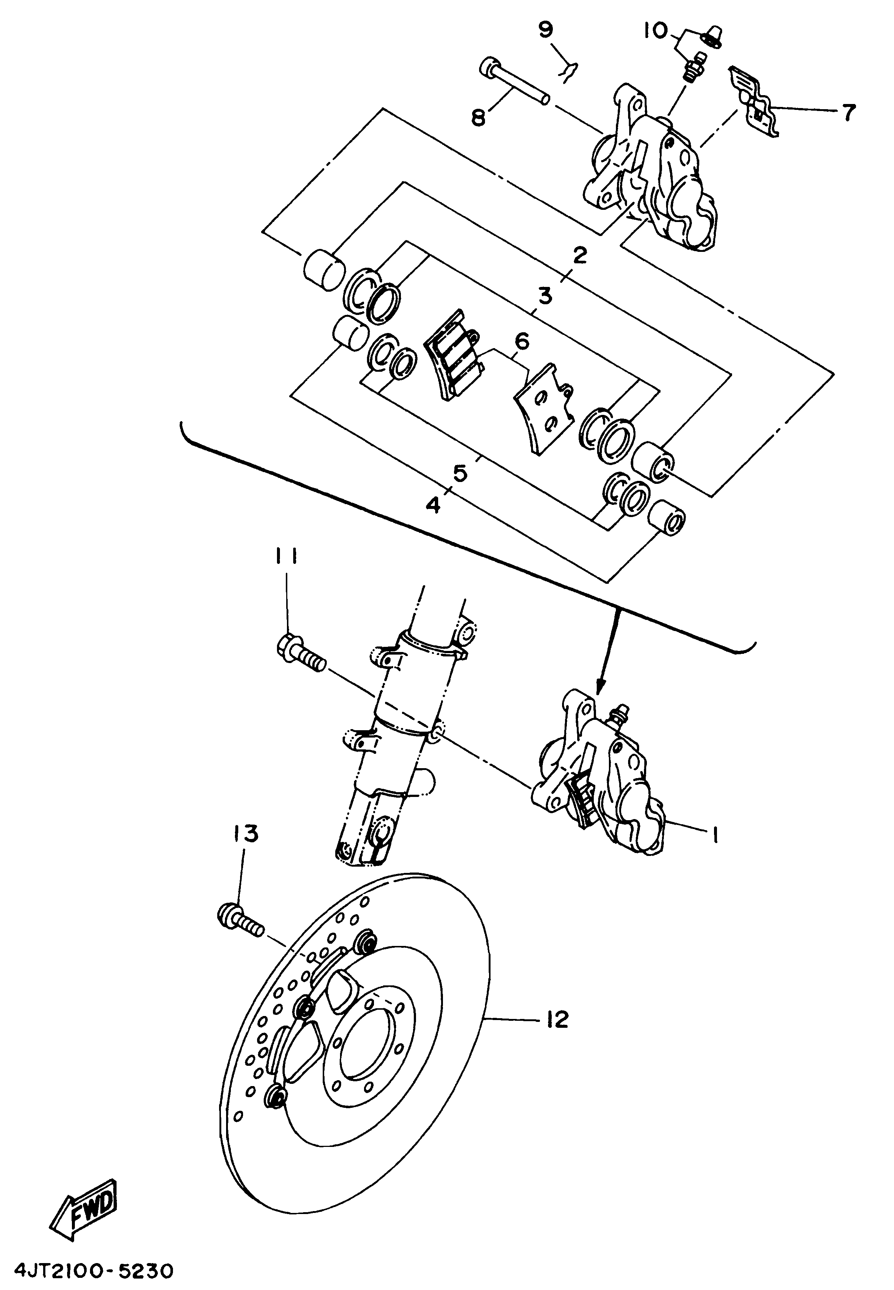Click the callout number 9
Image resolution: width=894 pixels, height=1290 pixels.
pos(546,30)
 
